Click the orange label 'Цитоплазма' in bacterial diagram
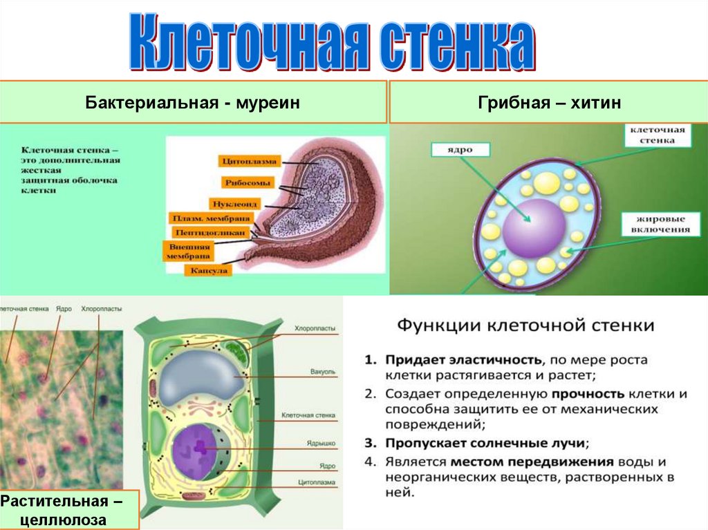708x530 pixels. point(250,162)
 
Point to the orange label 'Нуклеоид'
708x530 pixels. point(236,204)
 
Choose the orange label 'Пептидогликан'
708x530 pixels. point(211,232)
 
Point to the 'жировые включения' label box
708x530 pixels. point(658,224)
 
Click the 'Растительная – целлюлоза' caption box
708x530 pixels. point(69,509)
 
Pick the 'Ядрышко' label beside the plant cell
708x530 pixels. point(321,442)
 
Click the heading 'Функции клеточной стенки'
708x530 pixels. point(524,325)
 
